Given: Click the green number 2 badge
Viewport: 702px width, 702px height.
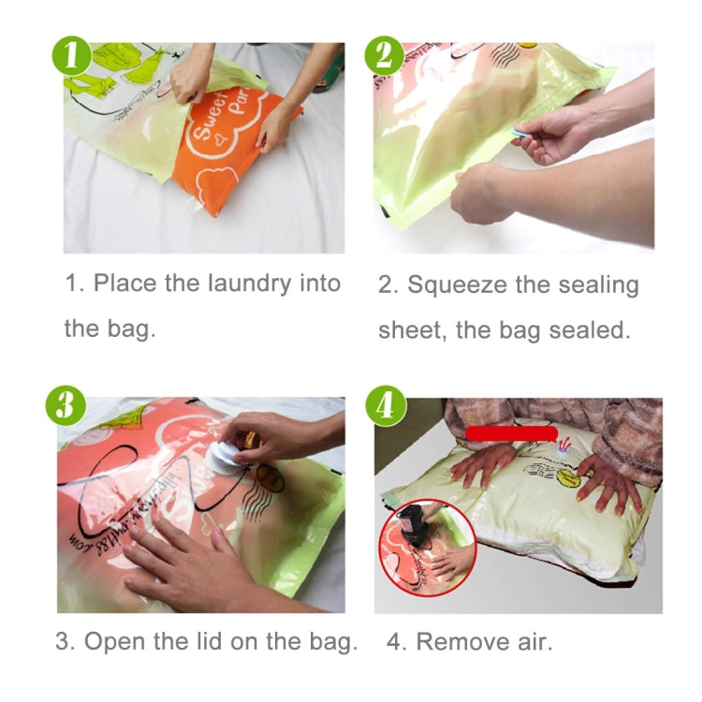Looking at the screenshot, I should pos(385,56).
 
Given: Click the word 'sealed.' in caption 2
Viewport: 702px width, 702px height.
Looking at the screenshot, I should pos(592,330).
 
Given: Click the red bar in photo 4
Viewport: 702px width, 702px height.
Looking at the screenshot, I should pos(511,432).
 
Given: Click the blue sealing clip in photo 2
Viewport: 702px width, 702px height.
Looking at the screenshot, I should pos(519,135).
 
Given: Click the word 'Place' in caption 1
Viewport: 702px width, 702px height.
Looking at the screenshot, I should pos(125,283).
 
